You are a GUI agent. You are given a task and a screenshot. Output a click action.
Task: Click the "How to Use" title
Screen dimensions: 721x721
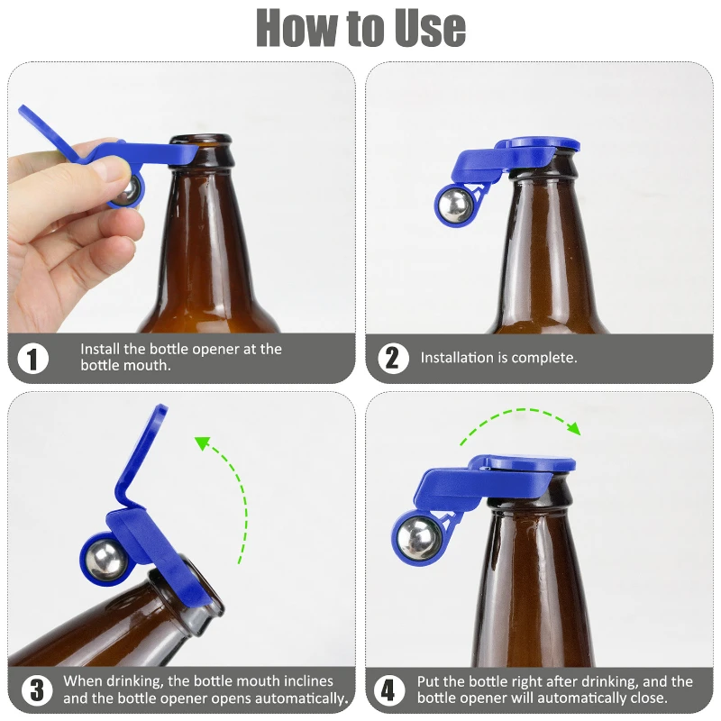[x=360, y=29]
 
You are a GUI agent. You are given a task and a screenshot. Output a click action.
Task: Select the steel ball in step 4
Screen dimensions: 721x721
[x=417, y=538]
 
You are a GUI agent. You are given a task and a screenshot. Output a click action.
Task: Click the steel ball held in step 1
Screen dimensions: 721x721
[x=131, y=190]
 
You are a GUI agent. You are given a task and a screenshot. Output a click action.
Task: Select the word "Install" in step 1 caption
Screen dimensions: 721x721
[x=102, y=349]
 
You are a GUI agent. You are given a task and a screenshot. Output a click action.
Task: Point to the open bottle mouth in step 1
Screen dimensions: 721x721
[x=201, y=141]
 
